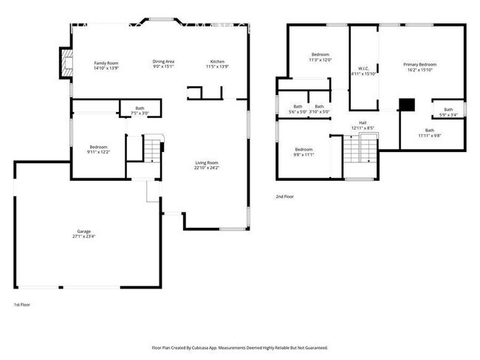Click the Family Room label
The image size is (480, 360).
tap(106, 64)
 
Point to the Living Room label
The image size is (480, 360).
tap(207, 165)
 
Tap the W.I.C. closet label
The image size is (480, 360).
tap(363, 71)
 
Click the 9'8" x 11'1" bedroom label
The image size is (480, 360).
tap(304, 151)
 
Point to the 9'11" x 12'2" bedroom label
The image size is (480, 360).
tap(98, 149)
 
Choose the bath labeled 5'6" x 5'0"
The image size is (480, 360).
tap(298, 109)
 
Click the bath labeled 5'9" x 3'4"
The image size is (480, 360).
tap(448, 112)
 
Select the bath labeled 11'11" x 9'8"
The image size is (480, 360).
tap(429, 133)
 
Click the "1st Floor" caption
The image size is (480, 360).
tap(22, 304)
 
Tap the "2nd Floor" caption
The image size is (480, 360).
tap(285, 197)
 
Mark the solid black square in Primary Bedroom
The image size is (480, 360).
tap(405, 104)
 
